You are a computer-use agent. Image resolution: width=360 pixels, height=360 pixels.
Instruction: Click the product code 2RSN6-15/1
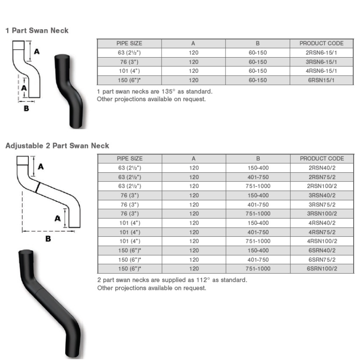pos(321,53)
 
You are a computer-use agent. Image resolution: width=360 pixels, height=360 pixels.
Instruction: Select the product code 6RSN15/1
pos(321,80)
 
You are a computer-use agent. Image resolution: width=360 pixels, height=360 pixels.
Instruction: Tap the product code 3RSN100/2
pos(322,213)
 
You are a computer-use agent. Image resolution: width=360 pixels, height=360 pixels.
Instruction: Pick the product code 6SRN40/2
pos(322,250)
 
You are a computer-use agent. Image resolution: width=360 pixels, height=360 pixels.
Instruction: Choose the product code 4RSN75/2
pos(322,232)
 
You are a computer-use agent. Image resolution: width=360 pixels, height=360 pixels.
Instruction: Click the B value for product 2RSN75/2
pos(258,177)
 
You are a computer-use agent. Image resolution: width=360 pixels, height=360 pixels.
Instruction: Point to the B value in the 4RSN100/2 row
pos(258,241)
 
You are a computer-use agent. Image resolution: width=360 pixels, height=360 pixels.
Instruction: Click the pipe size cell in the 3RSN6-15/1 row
pos(129,62)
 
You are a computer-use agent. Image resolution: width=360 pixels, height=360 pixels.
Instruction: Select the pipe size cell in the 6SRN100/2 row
pos(130,269)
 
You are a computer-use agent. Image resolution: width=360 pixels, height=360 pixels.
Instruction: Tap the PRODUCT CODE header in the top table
pos(321,43)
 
